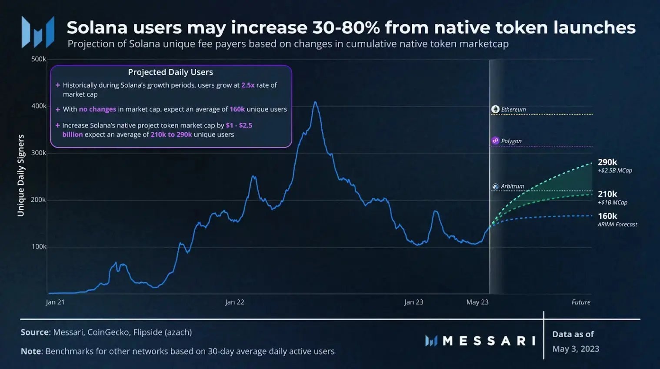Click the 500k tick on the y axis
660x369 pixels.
[38, 59]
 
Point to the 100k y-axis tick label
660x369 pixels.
[39, 247]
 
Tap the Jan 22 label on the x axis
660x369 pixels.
[234, 302]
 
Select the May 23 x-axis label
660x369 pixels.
[477, 302]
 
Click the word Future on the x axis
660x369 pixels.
[581, 302]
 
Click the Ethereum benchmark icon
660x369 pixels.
[495, 109]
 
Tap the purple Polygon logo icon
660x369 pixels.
[495, 141]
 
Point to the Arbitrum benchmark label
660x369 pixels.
[512, 186]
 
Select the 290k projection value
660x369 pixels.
[607, 162]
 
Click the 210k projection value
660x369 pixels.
[607, 194]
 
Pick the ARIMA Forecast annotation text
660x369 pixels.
[617, 225]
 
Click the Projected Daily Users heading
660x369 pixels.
[170, 72]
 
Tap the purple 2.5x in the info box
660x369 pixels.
[248, 85]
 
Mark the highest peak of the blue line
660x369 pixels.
[315, 102]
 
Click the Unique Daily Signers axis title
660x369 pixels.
[21, 175]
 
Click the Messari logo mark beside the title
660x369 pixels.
[38, 32]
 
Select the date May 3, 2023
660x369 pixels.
[576, 349]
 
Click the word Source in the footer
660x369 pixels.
[35, 332]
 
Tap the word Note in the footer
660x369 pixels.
[31, 351]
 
